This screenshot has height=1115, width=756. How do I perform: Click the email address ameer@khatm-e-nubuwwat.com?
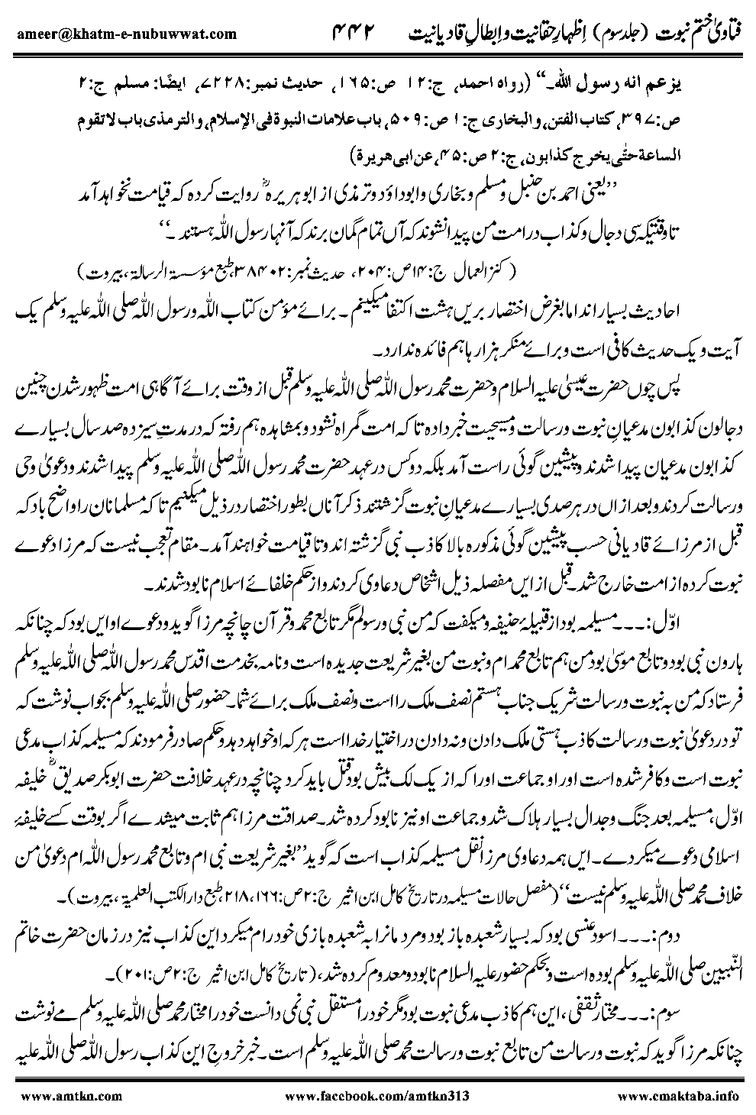[125, 33]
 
